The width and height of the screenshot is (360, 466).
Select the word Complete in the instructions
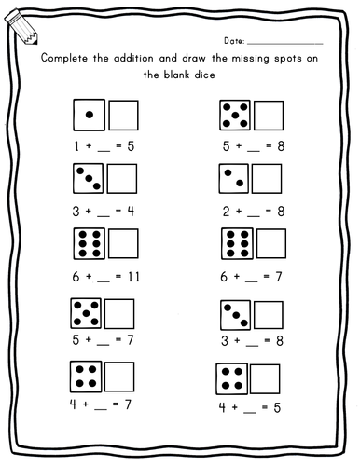coord(66,59)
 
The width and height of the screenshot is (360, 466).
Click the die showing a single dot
coord(89,116)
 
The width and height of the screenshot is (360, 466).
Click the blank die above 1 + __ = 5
coord(123,116)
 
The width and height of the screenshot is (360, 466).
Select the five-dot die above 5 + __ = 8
coord(236,116)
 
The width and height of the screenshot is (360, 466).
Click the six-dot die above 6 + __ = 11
coord(89,242)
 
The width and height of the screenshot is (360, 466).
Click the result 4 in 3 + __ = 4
coord(131,210)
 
